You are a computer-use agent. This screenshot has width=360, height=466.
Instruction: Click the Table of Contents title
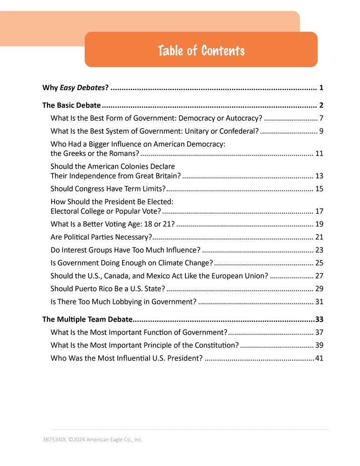(201, 50)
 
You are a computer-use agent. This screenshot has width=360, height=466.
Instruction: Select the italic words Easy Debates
(82, 88)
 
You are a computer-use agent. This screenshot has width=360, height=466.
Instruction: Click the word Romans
(124, 153)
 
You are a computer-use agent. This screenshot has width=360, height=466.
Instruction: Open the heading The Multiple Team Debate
(87, 320)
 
